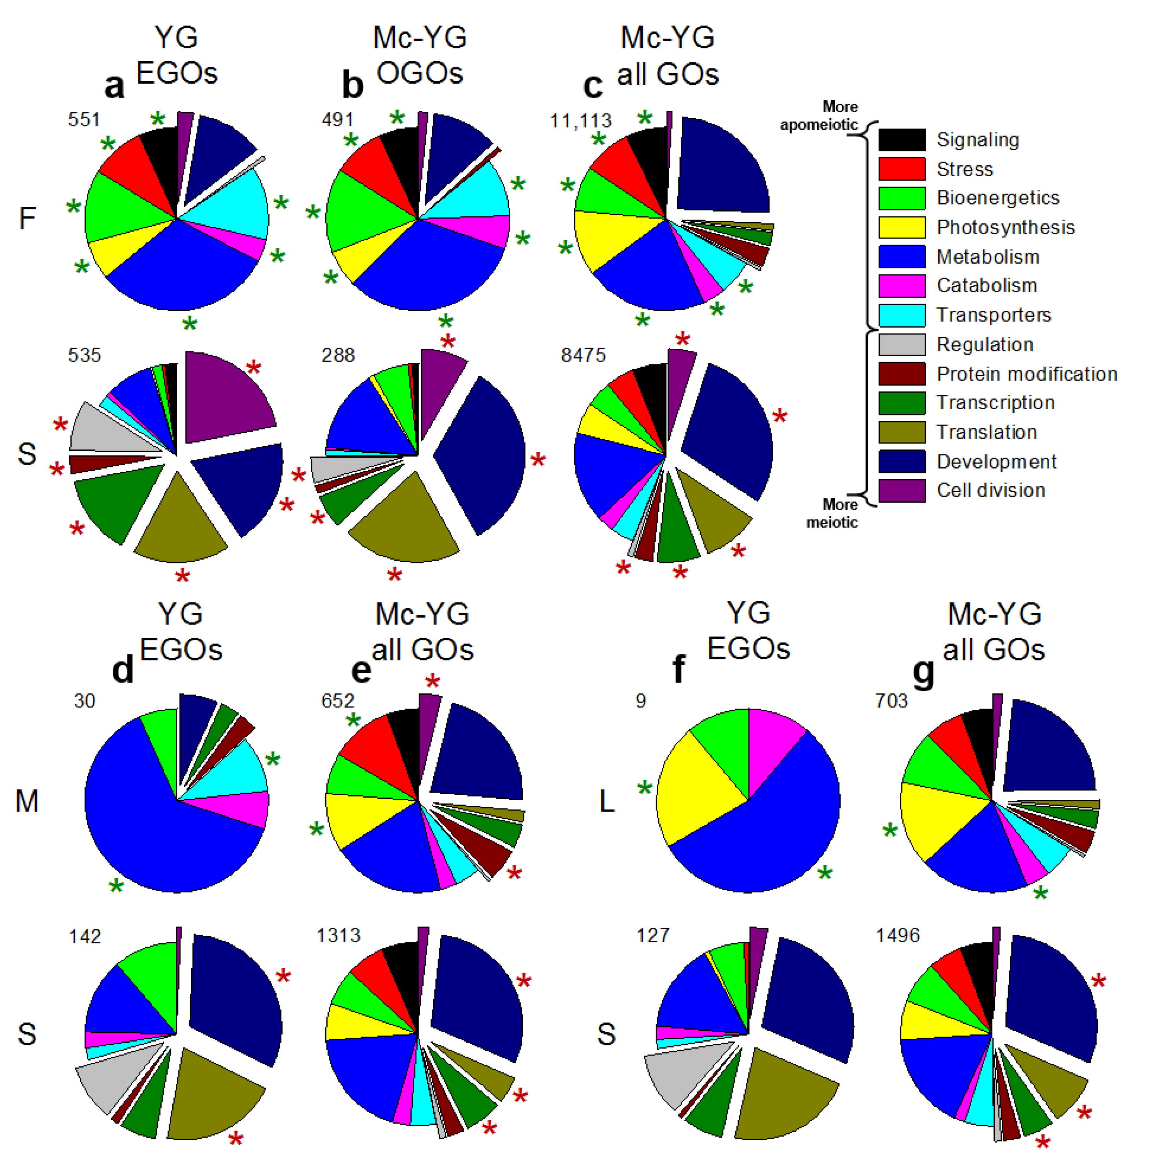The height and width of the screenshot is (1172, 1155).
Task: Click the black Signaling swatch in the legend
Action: coord(902,139)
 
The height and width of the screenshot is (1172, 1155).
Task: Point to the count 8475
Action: coord(583,355)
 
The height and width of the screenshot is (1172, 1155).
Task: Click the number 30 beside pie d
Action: coord(85,701)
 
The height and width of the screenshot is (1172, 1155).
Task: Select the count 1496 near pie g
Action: coord(898,935)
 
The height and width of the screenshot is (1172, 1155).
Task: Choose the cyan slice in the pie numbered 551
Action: coord(237,206)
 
